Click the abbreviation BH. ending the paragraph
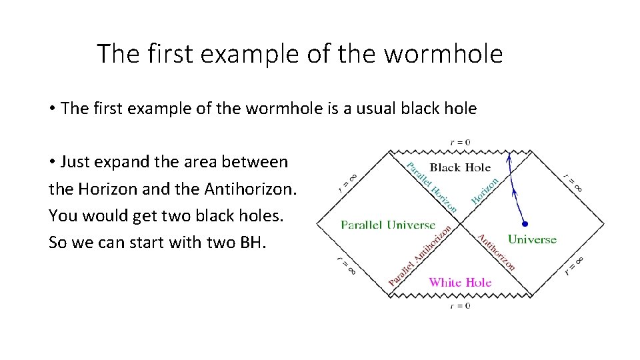(x=252, y=242)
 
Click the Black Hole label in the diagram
(x=460, y=167)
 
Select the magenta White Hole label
(x=460, y=282)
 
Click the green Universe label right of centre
(x=532, y=239)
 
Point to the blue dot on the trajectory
(x=525, y=224)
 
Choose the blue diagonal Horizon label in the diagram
(x=485, y=190)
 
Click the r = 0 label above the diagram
(x=459, y=142)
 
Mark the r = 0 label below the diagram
(x=459, y=305)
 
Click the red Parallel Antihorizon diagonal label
(x=421, y=257)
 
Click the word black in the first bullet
(x=427, y=109)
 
